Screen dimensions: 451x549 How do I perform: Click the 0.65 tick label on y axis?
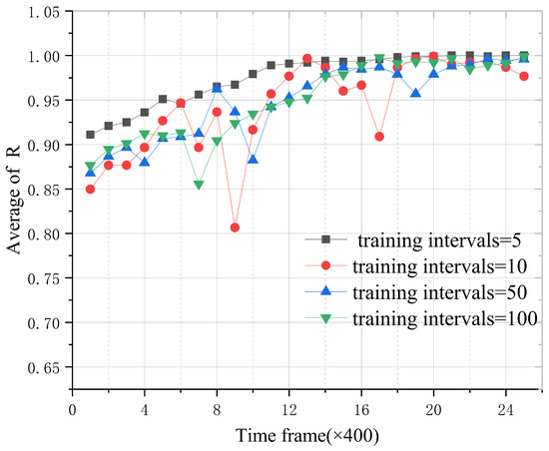[x=43, y=368]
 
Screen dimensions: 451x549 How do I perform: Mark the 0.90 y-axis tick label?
[x=43, y=145]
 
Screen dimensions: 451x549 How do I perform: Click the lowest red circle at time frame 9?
[x=235, y=227]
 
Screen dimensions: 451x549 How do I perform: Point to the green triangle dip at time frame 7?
[x=199, y=185]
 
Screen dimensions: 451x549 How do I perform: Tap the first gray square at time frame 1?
[x=90, y=135]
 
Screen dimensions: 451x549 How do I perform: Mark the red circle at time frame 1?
[x=90, y=189]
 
